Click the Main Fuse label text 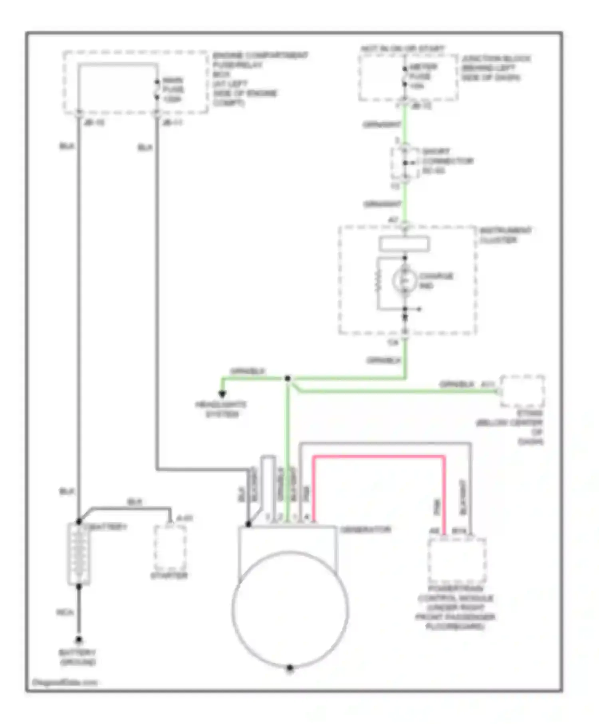tap(173, 89)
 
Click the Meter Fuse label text tap(422, 76)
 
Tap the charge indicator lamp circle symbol tap(405, 281)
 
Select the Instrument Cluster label tap(505, 235)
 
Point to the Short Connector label tap(446, 161)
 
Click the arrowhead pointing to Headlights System tap(222, 394)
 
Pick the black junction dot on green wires tap(288, 378)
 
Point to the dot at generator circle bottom tap(290, 667)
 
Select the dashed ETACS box tap(522, 391)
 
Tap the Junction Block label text tap(495, 68)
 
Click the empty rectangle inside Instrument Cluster tap(404, 244)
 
